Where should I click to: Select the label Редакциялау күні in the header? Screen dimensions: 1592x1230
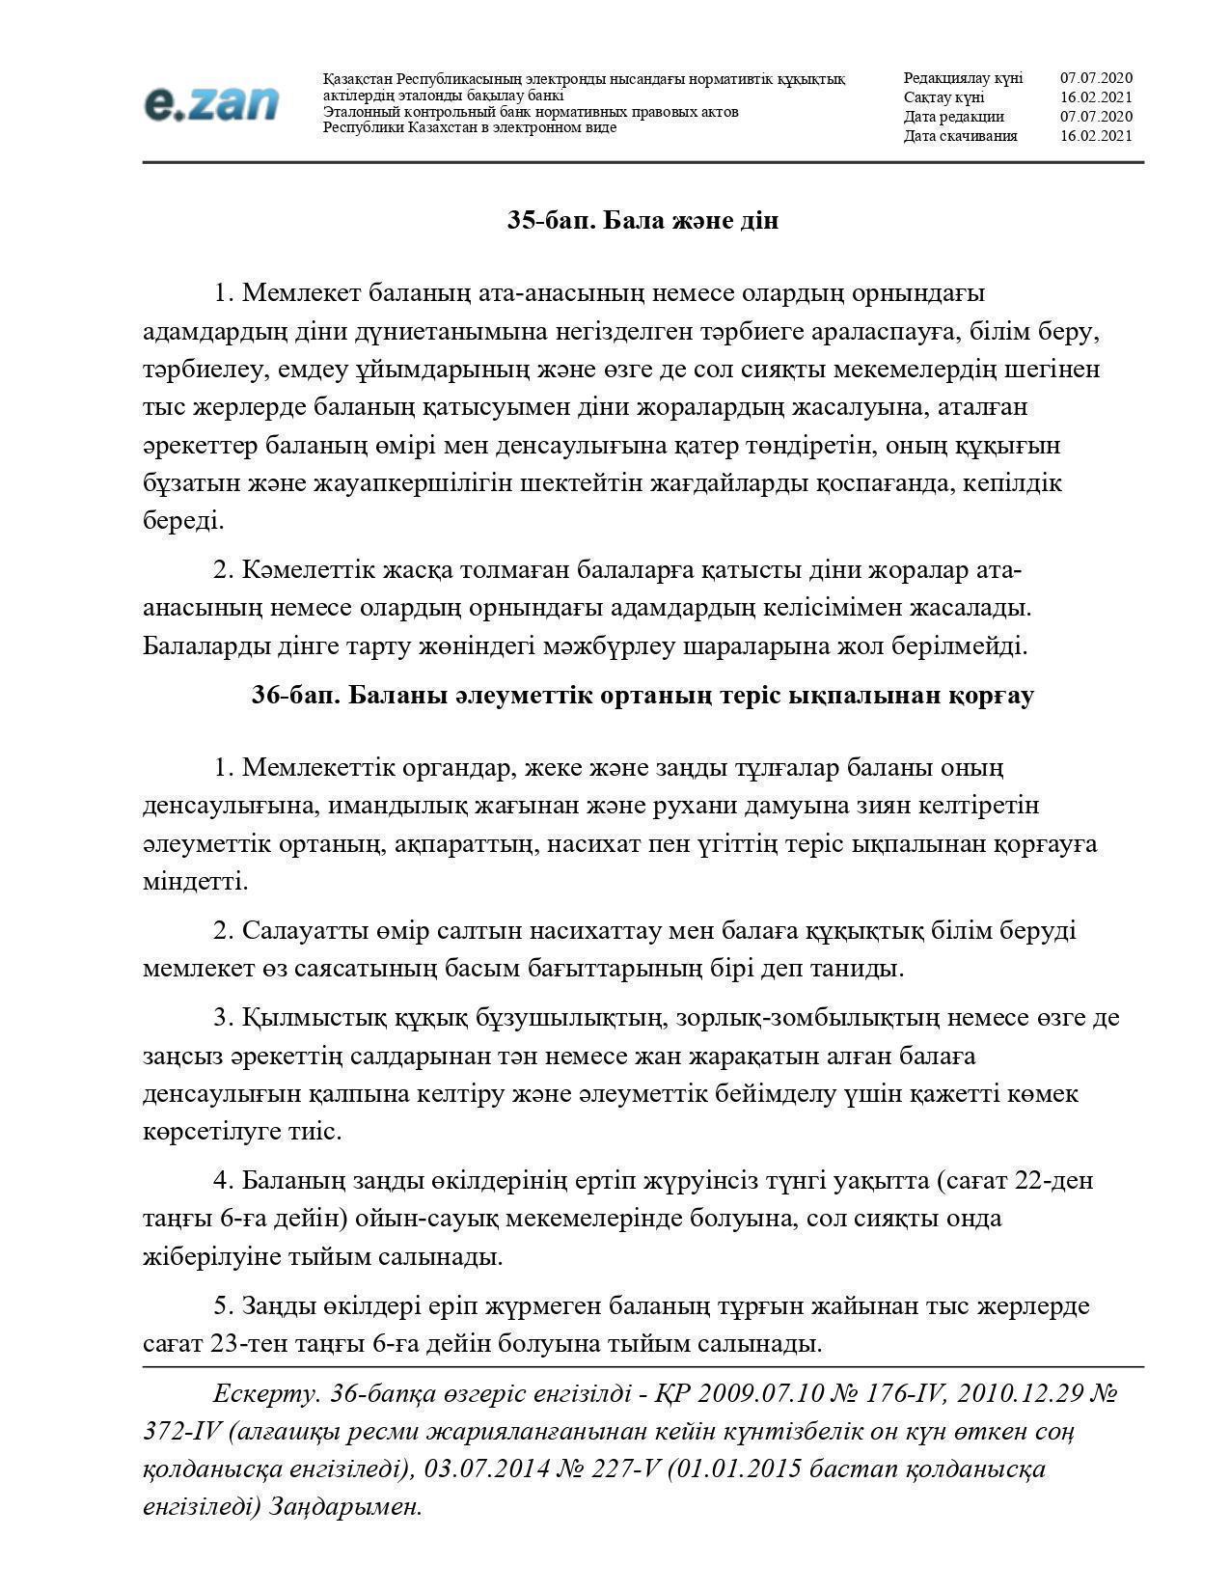tap(963, 78)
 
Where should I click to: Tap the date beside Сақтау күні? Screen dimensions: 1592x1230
tap(1096, 97)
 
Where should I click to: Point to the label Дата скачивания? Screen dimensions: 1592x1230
tap(960, 136)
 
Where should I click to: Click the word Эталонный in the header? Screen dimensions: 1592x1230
tap(359, 112)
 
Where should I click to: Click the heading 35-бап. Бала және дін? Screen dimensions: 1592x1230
tap(642, 221)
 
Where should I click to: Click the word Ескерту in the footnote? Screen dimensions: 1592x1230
tap(266, 1394)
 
